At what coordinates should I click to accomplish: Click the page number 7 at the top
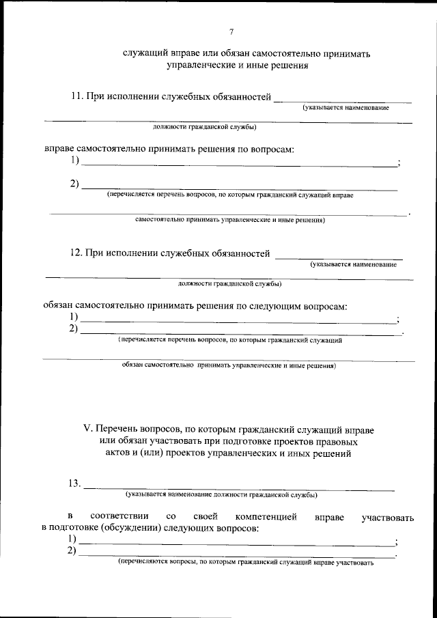click(231, 31)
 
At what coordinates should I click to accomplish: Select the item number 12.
click(76, 253)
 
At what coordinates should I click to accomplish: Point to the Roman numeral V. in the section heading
click(87, 429)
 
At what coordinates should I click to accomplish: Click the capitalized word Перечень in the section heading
click(117, 429)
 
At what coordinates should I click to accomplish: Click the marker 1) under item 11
click(74, 161)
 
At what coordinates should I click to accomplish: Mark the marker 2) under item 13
click(72, 551)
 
